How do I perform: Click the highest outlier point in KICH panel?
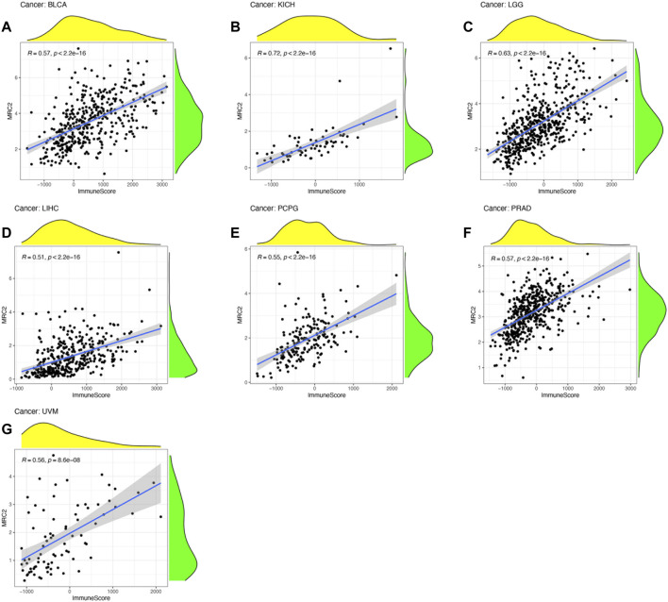click(x=390, y=48)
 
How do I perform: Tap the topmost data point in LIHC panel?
click(x=119, y=252)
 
